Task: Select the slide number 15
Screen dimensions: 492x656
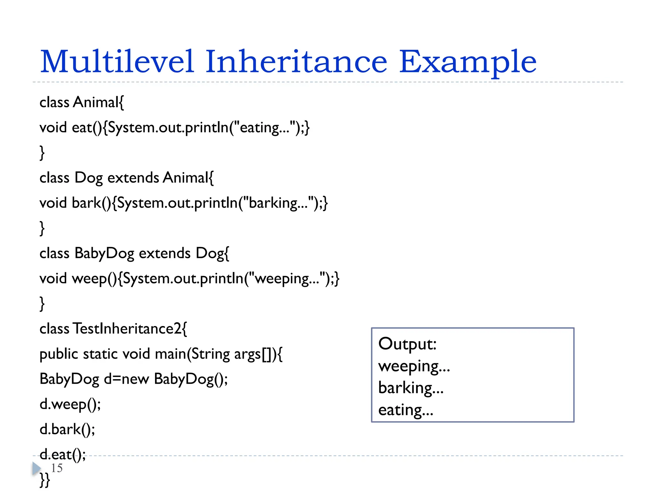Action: click(x=57, y=468)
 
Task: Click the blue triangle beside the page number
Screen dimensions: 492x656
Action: click(x=36, y=469)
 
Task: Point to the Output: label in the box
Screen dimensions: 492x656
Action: click(x=407, y=344)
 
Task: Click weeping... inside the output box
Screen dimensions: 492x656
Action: click(x=414, y=366)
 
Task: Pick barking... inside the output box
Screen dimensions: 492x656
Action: click(x=411, y=388)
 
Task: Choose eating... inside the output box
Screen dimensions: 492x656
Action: click(x=406, y=410)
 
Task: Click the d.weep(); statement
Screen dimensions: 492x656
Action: click(x=70, y=404)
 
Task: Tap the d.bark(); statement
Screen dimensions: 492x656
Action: click(x=67, y=429)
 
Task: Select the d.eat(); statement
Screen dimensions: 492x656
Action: click(x=63, y=455)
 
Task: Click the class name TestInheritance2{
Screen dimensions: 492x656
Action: click(x=130, y=329)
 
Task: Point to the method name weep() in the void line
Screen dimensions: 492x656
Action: click(x=95, y=279)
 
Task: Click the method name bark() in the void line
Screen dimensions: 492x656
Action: click(x=92, y=203)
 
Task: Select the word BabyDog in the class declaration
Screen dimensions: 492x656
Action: click(x=104, y=253)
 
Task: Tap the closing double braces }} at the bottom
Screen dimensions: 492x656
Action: click(x=45, y=480)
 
